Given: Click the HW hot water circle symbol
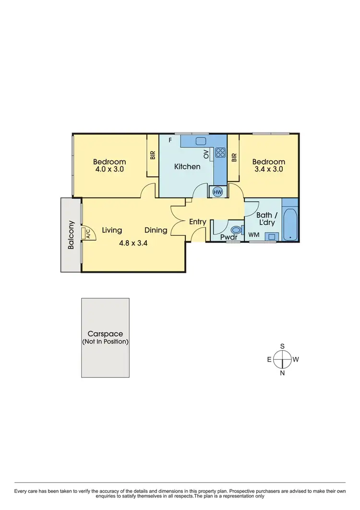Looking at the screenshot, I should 217,192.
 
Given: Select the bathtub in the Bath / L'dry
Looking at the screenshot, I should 290,224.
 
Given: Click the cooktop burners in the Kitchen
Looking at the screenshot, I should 221,153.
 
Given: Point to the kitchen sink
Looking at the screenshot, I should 201,141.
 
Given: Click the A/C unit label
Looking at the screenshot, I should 88,234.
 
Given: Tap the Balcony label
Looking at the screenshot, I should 71,234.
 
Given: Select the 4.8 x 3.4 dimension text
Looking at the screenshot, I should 133,243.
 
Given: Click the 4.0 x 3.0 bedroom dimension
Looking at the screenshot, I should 109,169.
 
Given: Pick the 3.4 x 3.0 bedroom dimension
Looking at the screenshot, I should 268,169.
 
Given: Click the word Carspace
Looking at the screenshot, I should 105,334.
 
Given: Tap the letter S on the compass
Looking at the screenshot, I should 283,346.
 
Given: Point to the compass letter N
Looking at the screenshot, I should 283,373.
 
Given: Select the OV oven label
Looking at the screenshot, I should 206,154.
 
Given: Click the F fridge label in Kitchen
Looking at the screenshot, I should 170,140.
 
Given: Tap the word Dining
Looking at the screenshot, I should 156,230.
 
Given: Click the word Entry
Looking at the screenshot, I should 198,222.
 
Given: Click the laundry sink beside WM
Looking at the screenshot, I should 272,236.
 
